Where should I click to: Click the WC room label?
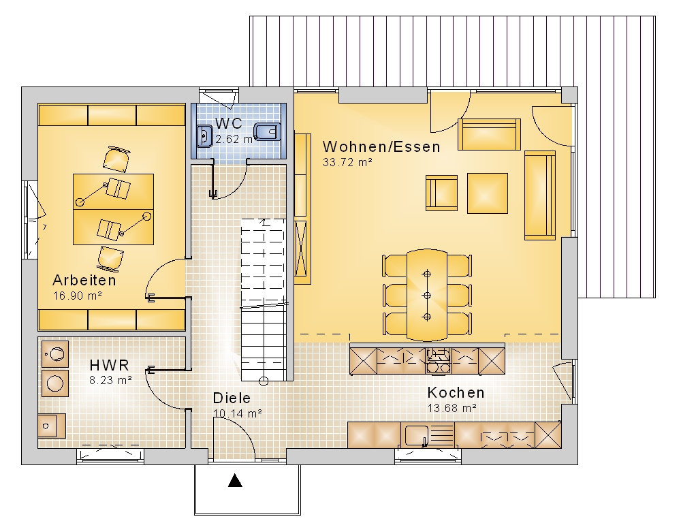click(228, 124)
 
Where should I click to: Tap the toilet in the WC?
click(266, 132)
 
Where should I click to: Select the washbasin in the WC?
click(204, 136)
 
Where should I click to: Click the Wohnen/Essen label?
click(381, 146)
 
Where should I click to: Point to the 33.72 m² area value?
click(347, 162)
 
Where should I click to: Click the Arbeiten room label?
click(84, 280)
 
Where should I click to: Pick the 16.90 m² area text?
click(78, 296)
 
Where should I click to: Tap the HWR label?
click(109, 365)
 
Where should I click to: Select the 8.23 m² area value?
click(110, 380)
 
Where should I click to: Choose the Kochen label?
click(456, 392)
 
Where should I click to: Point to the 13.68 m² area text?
click(452, 408)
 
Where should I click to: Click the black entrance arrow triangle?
click(235, 480)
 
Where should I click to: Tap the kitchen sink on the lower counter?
click(416, 435)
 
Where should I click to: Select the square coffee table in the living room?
click(488, 193)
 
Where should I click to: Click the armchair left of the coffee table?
click(441, 193)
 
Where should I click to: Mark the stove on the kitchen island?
click(438, 361)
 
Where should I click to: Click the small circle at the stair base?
click(263, 381)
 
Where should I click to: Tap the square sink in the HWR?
click(52, 426)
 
